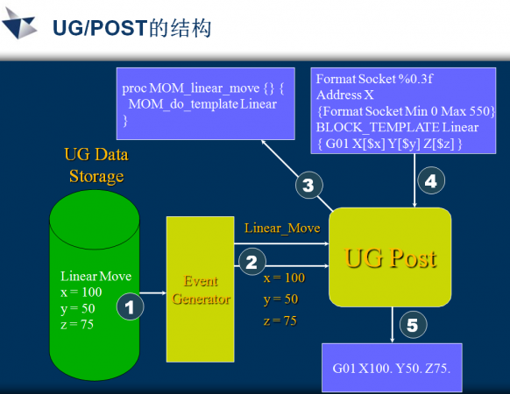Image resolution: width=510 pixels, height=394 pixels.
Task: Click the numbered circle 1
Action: click(130, 306)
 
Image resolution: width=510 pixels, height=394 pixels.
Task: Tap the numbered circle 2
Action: click(252, 262)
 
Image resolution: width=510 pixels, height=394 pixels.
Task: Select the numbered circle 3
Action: click(309, 185)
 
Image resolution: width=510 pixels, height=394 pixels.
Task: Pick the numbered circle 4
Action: click(431, 180)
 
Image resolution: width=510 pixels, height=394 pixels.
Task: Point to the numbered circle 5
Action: click(413, 325)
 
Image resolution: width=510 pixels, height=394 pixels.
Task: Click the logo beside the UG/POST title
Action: click(19, 24)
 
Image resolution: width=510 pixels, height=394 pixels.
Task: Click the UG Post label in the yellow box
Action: click(390, 258)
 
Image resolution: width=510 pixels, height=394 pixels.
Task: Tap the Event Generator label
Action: click(201, 290)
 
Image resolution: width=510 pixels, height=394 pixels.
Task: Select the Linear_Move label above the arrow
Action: click(282, 229)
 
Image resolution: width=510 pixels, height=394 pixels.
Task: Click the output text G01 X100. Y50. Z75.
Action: click(392, 369)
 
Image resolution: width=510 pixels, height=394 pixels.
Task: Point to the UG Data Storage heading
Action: click(96, 165)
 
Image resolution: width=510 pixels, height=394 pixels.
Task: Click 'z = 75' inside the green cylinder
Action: click(77, 325)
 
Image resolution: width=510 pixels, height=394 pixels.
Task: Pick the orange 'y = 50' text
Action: click(281, 299)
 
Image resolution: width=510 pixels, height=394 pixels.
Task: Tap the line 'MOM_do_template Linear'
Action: click(202, 104)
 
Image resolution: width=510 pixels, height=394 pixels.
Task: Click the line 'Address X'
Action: click(344, 95)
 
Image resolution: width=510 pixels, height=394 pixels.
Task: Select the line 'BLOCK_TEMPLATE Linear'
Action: click(397, 127)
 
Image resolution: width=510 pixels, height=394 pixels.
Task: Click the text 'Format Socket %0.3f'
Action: click(374, 79)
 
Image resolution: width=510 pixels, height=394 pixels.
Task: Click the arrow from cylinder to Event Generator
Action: click(152, 293)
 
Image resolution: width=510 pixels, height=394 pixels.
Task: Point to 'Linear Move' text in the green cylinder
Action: click(96, 276)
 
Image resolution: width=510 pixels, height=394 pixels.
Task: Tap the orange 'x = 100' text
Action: click(284, 278)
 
